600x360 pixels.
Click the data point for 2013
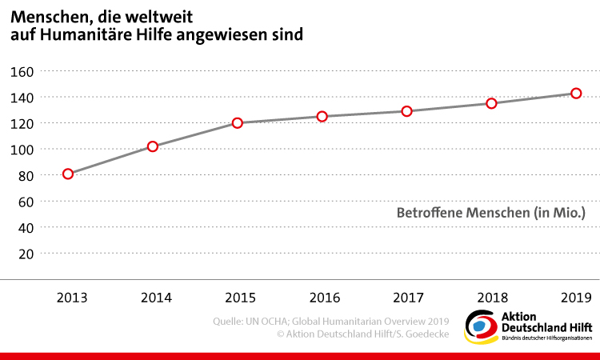68,174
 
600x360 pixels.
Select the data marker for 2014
153,146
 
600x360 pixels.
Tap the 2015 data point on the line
238,123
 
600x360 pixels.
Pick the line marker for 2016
322,116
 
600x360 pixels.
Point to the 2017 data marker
406,111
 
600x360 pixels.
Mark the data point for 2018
491,103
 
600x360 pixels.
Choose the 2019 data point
575,94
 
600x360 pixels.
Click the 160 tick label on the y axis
22,71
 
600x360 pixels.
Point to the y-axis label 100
22,150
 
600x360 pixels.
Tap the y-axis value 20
25,254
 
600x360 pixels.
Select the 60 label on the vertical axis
25,202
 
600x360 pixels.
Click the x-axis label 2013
71,298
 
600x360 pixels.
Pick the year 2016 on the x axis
325,298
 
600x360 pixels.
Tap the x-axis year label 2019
576,298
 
